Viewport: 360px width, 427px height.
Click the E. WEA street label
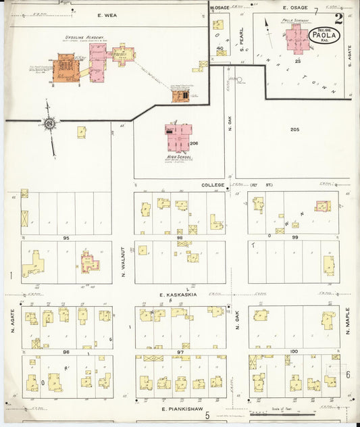(107, 14)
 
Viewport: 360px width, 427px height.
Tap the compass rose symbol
(49, 124)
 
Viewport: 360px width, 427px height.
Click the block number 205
(294, 129)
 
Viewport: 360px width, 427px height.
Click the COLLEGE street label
(211, 184)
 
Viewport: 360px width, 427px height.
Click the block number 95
(66, 238)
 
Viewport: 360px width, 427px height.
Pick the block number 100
(293, 352)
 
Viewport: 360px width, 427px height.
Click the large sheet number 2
(338, 19)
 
